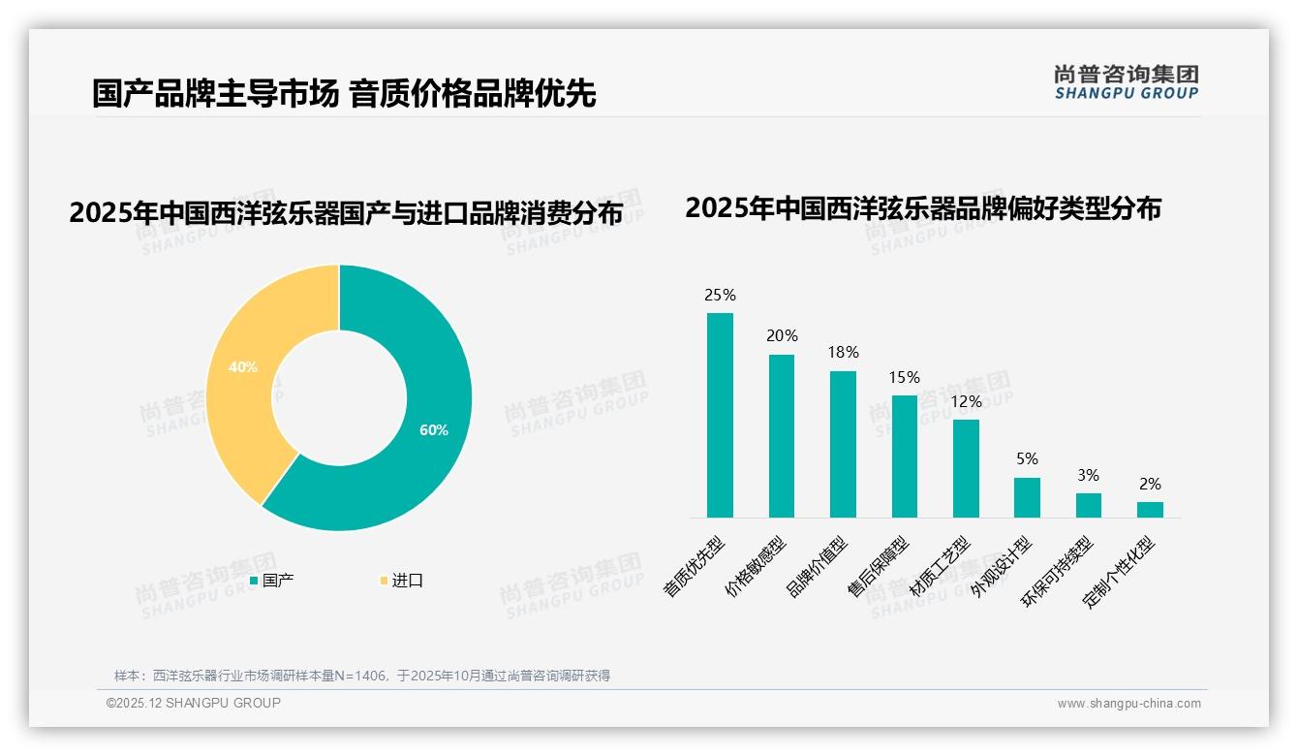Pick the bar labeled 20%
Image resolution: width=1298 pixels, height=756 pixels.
click(782, 436)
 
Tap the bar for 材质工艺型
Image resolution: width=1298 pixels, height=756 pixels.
click(966, 468)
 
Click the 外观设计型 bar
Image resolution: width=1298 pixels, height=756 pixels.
click(1027, 497)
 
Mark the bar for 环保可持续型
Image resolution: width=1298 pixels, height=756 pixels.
click(1089, 505)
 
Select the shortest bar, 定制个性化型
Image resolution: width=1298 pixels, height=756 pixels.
click(1150, 509)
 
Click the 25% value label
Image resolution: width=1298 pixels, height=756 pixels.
click(720, 295)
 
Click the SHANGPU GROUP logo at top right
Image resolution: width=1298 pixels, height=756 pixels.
click(1126, 81)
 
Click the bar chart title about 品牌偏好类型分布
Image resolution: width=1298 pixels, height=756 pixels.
click(922, 207)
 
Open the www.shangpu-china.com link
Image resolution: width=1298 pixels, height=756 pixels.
click(1128, 704)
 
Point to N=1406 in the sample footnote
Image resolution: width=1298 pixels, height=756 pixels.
click(364, 676)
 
